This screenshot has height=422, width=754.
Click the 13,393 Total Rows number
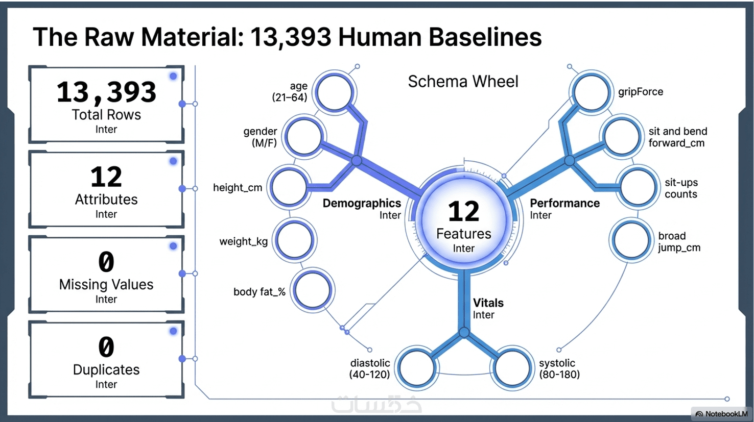coord(106,92)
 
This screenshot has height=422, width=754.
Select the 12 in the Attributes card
coord(106,177)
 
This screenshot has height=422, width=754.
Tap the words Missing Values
coord(106,284)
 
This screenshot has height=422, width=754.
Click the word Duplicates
coord(106,369)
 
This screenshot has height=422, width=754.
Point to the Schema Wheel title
coord(463,82)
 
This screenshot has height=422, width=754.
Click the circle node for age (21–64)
coord(334,93)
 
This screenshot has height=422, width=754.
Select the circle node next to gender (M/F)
coord(304,137)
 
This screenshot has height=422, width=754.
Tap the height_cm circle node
coord(289,187)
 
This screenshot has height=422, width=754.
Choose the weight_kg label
coord(244,241)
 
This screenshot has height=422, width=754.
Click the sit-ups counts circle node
coord(637,187)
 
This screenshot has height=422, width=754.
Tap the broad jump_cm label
coord(679,242)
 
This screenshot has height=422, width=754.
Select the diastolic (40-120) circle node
coord(417,368)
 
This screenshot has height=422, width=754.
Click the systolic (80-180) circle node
coord(511,368)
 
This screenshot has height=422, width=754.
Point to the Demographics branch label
coord(362,203)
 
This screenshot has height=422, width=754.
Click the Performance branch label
coord(564,203)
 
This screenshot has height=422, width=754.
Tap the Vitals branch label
coord(488,303)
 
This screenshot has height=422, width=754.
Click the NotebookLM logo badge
coord(721,414)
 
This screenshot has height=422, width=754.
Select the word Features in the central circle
coord(463,234)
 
